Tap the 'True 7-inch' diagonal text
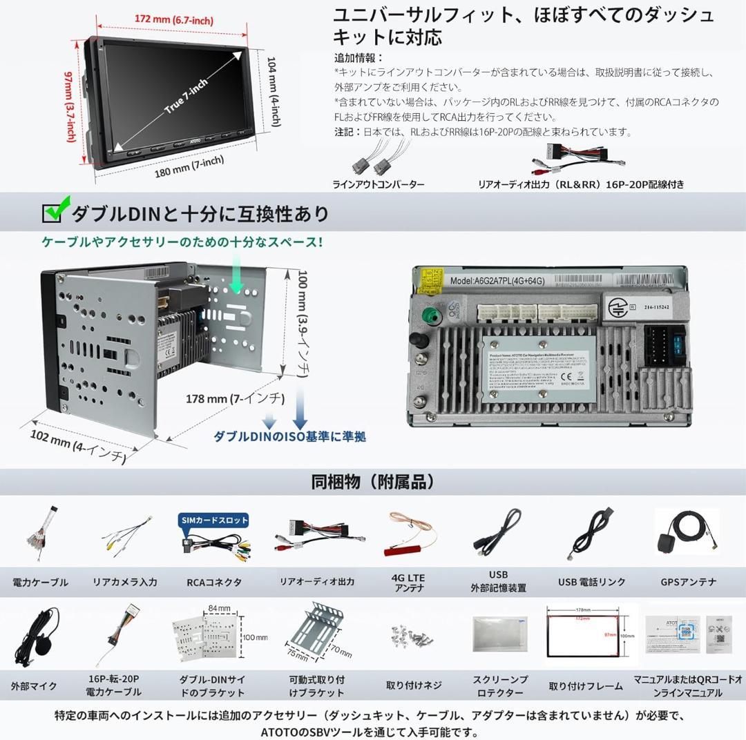click(x=185, y=97)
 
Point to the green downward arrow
click(x=237, y=282)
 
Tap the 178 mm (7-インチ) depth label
click(x=235, y=399)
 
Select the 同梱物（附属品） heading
click(x=373, y=481)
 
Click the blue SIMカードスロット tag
click(x=213, y=520)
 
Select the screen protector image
click(x=499, y=633)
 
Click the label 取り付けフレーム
click(x=586, y=685)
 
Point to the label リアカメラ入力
click(x=125, y=582)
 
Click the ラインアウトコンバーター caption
click(x=379, y=184)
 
